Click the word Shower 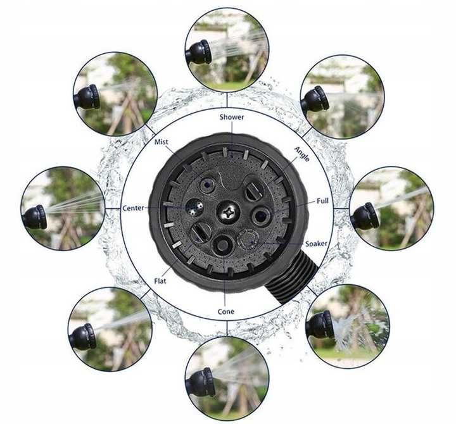232,117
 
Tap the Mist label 161,142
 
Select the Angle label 302,154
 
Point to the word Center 133,208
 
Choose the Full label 322,201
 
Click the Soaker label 316,244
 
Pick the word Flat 160,281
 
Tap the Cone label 225,311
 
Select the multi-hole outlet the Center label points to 194,207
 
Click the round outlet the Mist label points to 208,184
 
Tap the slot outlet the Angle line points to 253,191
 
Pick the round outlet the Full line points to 260,215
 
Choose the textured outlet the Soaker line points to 248,239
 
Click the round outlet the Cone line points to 223,245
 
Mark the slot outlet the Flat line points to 201,232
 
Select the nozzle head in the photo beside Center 34,217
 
